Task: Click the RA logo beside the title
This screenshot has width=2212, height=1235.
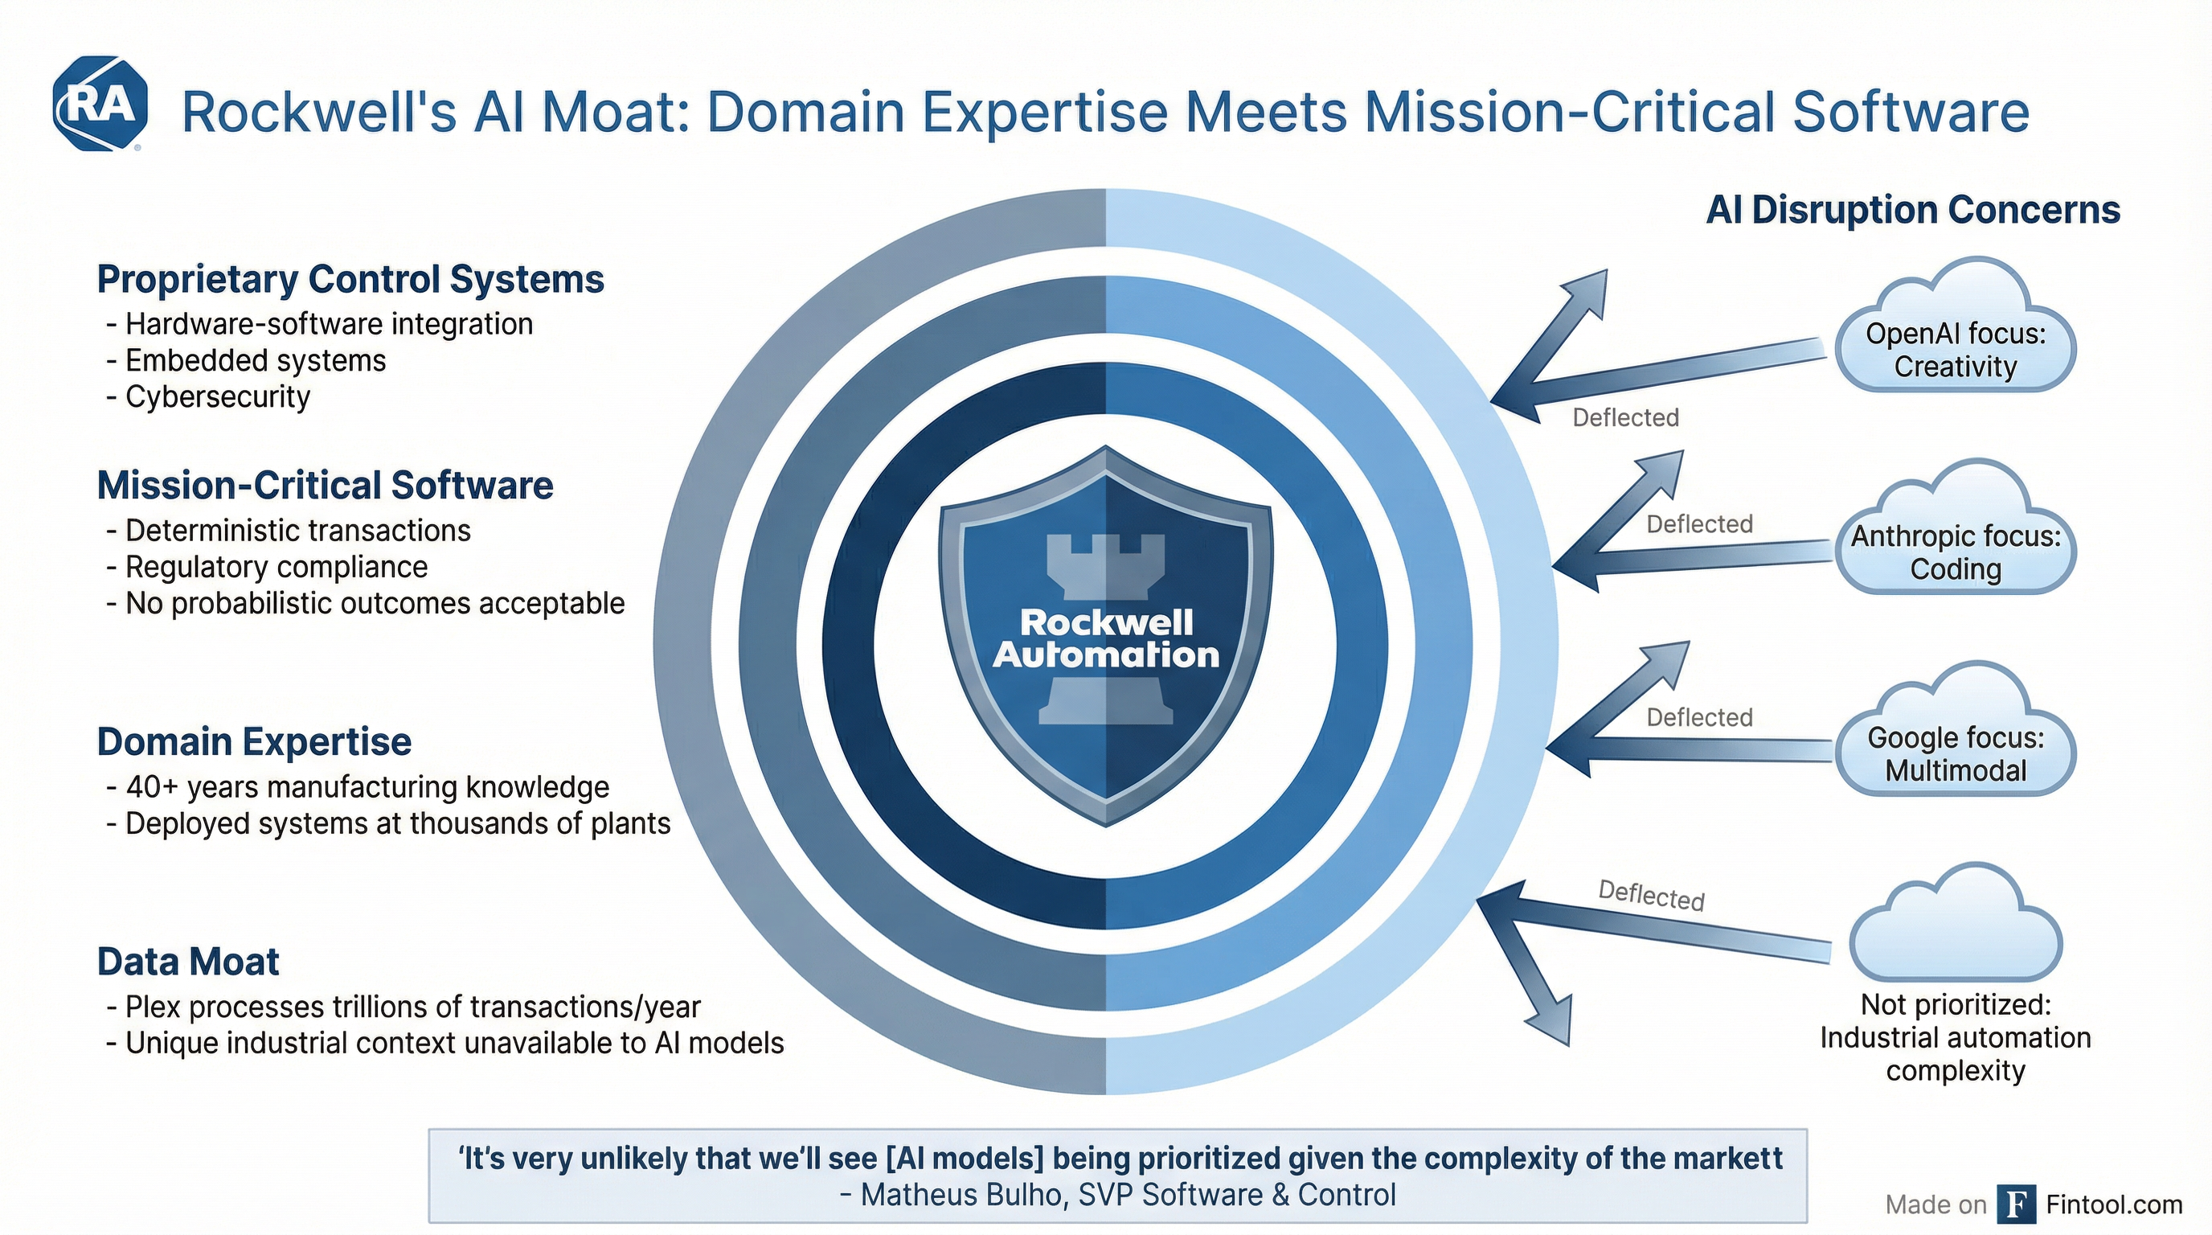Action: tap(100, 105)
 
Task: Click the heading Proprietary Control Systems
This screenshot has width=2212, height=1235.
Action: tap(350, 279)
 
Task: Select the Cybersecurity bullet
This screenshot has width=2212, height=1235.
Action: tap(217, 396)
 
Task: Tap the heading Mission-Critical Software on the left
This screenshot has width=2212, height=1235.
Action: tap(325, 486)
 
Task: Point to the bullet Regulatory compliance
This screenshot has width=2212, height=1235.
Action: tap(276, 567)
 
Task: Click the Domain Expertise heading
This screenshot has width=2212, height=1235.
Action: tap(254, 742)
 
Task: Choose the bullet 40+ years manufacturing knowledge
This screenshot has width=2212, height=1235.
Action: tap(367, 786)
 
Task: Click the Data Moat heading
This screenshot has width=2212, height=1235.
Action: tap(188, 962)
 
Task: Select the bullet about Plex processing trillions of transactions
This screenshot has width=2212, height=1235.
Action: tap(412, 1007)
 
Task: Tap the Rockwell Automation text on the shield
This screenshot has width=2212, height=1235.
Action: tap(1106, 639)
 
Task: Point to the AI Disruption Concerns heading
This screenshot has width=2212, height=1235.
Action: tap(1912, 211)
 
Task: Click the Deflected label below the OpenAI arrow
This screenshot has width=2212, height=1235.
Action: tap(1625, 417)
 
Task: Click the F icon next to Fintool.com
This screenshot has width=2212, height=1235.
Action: tap(2015, 1204)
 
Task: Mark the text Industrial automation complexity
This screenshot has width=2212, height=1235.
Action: tap(1956, 1054)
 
